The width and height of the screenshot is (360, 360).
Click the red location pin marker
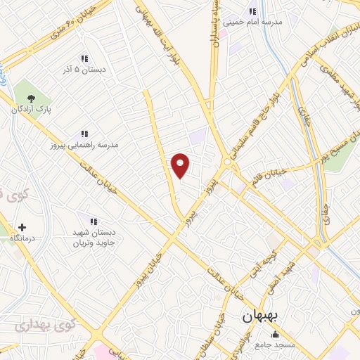(181, 165)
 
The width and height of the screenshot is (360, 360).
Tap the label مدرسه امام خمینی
(252, 22)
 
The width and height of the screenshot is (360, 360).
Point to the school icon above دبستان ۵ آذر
(84, 58)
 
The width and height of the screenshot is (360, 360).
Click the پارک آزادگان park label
(30, 110)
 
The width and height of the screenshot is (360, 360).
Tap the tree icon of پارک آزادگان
(30, 98)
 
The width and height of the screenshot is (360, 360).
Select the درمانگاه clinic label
(22, 239)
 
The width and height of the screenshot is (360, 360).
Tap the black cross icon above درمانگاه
(22, 228)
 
